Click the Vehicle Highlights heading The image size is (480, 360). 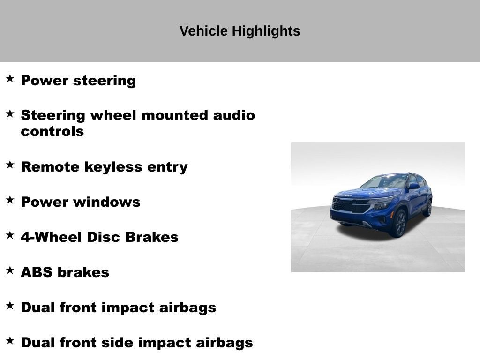pos(240,31)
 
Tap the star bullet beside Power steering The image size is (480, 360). pos(10,78)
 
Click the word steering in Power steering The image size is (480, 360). pos(105,81)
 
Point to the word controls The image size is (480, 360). pos(52,132)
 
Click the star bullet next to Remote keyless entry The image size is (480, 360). pos(10,165)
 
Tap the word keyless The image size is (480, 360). pos(113,167)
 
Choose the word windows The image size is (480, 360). pos(106,202)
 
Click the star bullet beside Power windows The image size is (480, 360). pos(10,200)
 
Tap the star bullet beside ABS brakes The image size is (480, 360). pos(10,270)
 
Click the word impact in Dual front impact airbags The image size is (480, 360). pos(127,307)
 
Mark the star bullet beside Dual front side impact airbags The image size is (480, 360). pos(10,340)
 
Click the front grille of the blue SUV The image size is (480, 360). pos(351,205)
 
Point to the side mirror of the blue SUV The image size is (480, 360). pos(413,186)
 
